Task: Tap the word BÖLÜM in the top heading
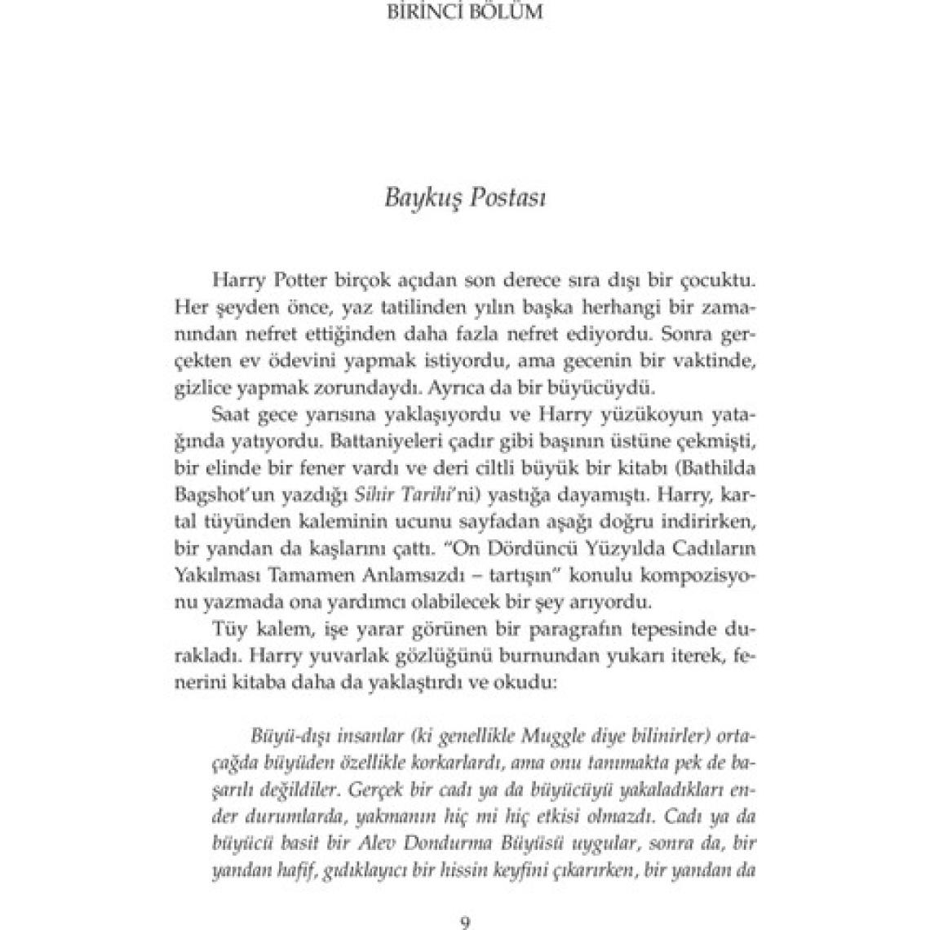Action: tap(511, 13)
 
